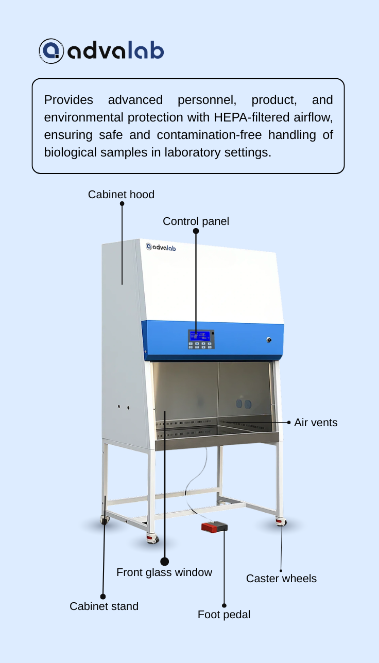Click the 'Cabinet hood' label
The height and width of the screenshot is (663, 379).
[x=121, y=195]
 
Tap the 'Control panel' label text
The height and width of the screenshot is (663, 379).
[x=196, y=221]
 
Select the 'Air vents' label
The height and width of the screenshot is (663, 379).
[x=316, y=423]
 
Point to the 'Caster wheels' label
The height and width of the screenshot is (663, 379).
[x=281, y=579]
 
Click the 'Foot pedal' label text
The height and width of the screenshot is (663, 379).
[x=224, y=615]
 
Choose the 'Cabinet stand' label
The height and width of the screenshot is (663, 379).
[x=104, y=606]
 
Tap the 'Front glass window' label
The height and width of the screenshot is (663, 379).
[x=164, y=572]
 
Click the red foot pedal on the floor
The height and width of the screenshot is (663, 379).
[x=214, y=527]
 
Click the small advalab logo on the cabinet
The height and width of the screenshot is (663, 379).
[x=161, y=247]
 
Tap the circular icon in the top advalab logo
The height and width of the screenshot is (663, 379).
[x=51, y=51]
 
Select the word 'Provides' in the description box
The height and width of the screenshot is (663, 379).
[x=68, y=100]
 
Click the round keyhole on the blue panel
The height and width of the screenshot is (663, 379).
[x=269, y=340]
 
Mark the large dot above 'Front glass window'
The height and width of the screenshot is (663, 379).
[x=164, y=561]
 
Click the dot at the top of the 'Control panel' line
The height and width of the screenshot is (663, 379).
[x=196, y=231]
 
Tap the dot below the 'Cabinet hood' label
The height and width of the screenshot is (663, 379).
[x=122, y=204]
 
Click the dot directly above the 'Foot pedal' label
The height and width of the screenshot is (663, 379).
[x=224, y=605]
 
